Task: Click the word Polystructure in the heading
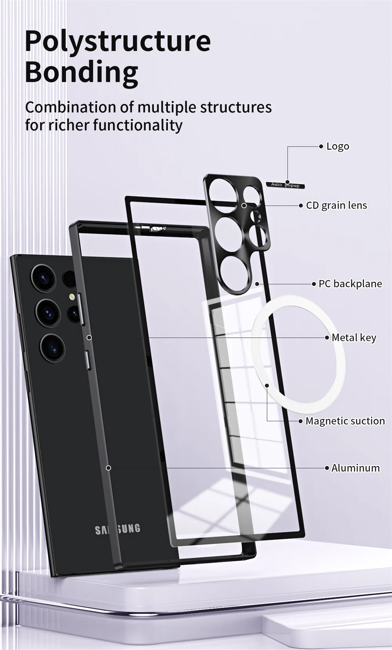(x=118, y=42)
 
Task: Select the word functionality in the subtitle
(x=138, y=125)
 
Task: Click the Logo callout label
(x=338, y=146)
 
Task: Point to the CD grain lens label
(x=336, y=206)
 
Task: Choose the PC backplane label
(x=350, y=284)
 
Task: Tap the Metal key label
(x=354, y=337)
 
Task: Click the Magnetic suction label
(x=345, y=421)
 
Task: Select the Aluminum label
(x=355, y=468)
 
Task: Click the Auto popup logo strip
(x=285, y=185)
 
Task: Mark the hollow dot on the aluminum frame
(x=109, y=468)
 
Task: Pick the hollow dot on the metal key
(x=89, y=337)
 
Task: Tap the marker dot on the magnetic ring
(x=267, y=385)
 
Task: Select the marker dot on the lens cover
(x=244, y=205)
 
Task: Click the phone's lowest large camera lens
(x=52, y=348)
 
